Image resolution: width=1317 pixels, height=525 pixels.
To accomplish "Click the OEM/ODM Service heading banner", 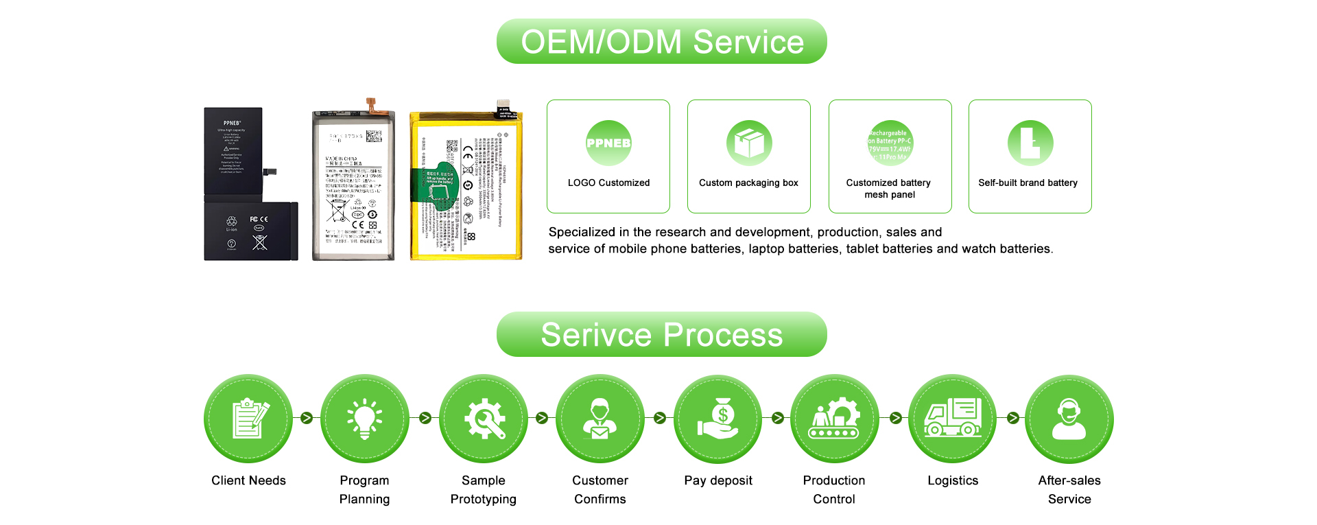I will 661,42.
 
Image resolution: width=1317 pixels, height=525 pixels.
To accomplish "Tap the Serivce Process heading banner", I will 661,335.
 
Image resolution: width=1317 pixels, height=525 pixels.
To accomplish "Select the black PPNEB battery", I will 250,184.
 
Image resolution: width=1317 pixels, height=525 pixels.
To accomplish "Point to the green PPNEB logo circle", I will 608,143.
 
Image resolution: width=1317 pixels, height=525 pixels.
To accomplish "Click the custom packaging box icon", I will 749,143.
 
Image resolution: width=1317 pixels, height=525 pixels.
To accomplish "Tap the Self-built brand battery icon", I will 1030,143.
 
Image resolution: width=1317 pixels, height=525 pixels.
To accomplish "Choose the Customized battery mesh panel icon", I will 890,143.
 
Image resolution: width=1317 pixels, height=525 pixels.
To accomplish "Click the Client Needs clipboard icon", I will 248,419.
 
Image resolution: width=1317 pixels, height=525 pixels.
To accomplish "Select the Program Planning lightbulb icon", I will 364,419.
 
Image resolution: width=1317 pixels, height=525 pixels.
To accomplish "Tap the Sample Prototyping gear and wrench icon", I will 484,419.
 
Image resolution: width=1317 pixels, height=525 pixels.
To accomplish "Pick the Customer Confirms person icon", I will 600,419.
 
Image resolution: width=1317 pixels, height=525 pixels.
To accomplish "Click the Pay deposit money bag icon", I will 718,419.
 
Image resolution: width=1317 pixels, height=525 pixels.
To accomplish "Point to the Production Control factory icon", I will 834,419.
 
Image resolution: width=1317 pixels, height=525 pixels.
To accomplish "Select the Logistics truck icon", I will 953,419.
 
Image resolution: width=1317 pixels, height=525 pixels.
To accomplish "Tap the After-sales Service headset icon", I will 1069,419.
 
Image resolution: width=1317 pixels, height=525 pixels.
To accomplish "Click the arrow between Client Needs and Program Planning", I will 307,418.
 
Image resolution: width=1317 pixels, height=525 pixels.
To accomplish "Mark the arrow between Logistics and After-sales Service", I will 1013,418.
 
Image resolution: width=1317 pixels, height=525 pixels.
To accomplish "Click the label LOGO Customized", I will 608,183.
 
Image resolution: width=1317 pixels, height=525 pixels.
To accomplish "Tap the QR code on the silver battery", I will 373,136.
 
